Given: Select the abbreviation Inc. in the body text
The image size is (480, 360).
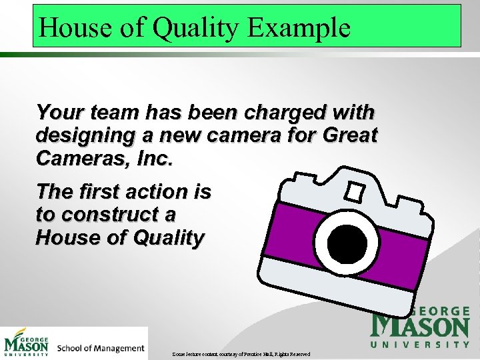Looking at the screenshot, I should pyautogui.click(x=154, y=159).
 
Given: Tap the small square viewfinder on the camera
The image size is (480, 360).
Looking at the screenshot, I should pyautogui.click(x=353, y=192).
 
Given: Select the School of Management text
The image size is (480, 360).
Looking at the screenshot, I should pyautogui.click(x=100, y=348).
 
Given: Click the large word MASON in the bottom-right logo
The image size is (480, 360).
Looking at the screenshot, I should pyautogui.click(x=420, y=327).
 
